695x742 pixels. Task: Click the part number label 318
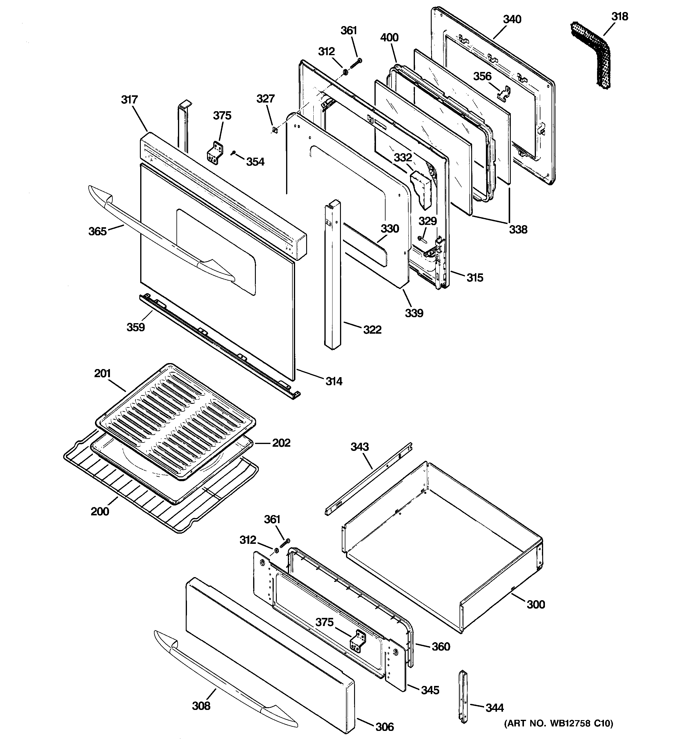(619, 17)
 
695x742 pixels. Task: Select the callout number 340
(512, 19)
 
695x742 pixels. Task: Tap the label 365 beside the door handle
(97, 231)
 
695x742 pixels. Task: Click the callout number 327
(266, 99)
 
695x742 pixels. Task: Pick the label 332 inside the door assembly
(403, 158)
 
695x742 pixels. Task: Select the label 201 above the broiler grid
(102, 373)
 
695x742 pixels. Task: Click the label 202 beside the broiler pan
(281, 443)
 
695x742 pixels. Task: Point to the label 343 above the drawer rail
(359, 447)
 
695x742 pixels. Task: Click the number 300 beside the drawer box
(536, 604)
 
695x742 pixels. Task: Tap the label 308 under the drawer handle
(201, 706)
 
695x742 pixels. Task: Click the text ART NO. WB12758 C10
(558, 724)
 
